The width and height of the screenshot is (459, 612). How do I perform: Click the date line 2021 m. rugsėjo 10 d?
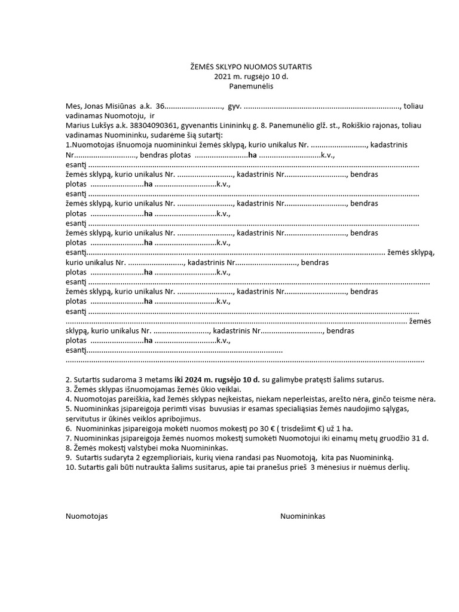tap(246, 76)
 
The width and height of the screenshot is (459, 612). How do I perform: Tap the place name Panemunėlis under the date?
tap(246, 86)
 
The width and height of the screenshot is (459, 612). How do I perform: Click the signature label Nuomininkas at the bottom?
tap(303, 516)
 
